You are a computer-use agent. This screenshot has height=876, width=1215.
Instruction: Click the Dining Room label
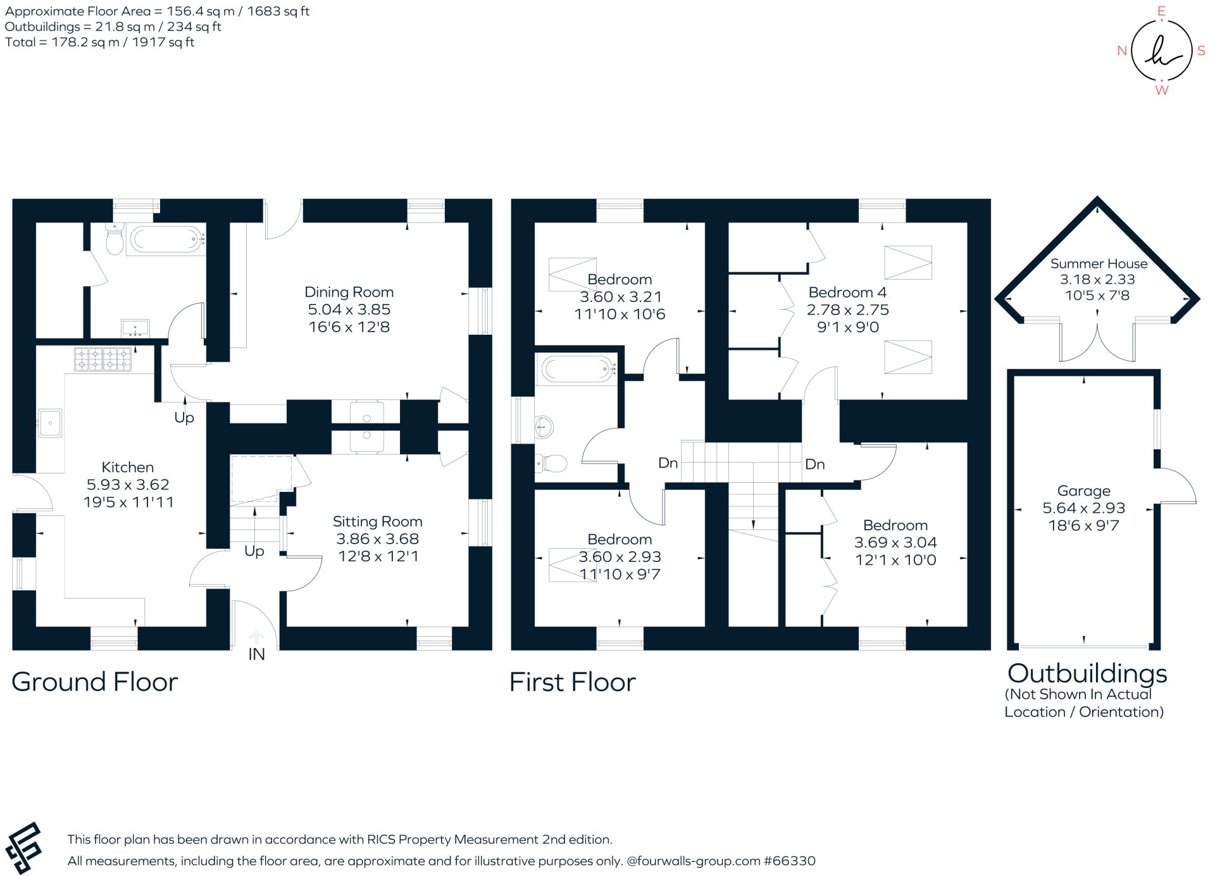coord(349,292)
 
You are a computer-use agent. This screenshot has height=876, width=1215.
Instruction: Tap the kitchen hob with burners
coord(103,360)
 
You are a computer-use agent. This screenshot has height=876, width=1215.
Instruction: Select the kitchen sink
coord(50,422)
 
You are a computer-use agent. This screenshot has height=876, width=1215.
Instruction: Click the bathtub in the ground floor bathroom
coord(166,240)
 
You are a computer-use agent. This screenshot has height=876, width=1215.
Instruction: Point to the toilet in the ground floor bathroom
coord(115,241)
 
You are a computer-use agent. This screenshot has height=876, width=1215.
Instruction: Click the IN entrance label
coord(256,654)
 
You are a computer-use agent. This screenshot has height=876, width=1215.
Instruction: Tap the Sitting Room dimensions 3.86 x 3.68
coord(377,539)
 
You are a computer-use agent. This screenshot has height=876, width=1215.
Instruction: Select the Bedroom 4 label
coord(847,292)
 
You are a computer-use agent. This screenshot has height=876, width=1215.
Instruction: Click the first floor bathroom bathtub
coord(576,369)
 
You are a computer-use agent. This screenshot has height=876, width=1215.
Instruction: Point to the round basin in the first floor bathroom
coord(544,427)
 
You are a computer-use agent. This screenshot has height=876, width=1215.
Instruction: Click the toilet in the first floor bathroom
coord(552,464)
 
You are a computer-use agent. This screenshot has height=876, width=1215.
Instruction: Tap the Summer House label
coord(1099,264)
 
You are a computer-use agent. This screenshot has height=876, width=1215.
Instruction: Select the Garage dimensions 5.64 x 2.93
coord(1083,508)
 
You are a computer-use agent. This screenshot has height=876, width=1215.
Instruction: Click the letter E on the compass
coord(1161,11)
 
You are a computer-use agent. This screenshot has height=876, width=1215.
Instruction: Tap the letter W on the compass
coord(1161,91)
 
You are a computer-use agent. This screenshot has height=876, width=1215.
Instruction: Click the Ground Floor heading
coord(95,682)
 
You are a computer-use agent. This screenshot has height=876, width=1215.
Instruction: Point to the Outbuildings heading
coord(1087,673)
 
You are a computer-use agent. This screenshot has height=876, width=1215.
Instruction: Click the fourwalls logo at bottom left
coord(23,848)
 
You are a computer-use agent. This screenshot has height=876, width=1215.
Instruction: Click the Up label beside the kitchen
coord(184,418)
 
